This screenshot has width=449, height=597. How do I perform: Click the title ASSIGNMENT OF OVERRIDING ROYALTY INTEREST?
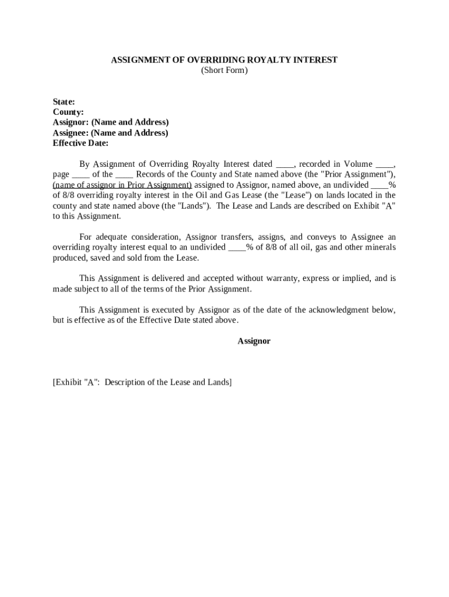click(x=224, y=60)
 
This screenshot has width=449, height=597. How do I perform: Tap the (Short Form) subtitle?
click(x=224, y=71)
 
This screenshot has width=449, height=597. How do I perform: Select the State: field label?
click(x=64, y=101)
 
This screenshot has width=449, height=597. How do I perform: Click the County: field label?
click(x=68, y=112)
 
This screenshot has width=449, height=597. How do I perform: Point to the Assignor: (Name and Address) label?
click(x=111, y=122)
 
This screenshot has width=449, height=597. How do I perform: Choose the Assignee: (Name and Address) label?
click(x=110, y=133)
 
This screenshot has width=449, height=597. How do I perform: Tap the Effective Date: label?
click(x=80, y=143)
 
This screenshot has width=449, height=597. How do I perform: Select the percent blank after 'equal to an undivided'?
click(x=237, y=248)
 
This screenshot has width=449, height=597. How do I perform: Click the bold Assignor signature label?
click(x=254, y=341)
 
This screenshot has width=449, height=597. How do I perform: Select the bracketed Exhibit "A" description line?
click(x=142, y=382)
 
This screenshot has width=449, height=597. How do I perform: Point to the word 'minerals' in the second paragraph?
click(x=379, y=247)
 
